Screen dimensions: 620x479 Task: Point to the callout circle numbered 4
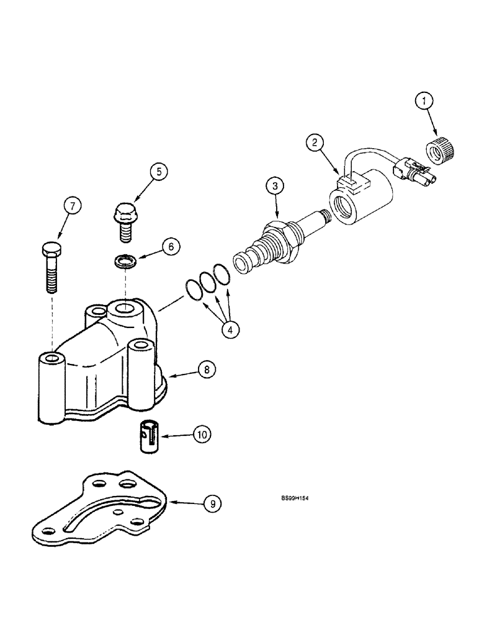[x=230, y=330]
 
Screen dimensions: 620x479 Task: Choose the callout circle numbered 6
[x=172, y=246]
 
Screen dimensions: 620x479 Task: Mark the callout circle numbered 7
[x=73, y=206]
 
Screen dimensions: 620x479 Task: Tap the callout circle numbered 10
[x=200, y=435]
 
